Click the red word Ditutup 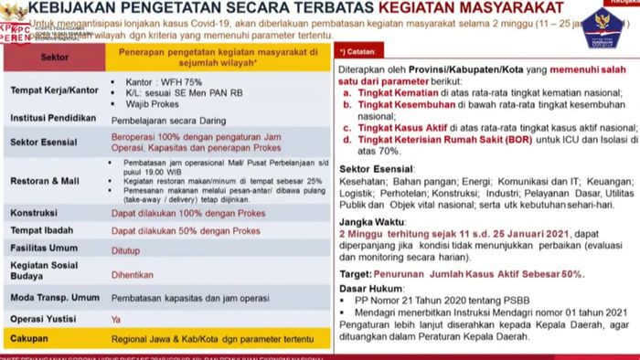tap(125, 249)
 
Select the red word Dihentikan tap(131, 272)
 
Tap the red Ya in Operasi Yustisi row tap(115, 319)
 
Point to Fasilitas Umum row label tap(43, 249)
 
